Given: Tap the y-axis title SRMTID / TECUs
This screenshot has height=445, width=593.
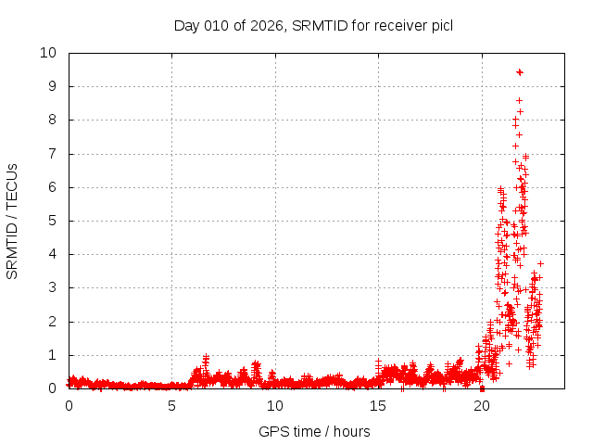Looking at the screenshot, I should tap(13, 220).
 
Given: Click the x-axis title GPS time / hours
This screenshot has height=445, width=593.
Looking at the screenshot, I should tap(314, 431).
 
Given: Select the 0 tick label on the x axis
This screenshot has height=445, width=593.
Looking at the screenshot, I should tap(69, 406).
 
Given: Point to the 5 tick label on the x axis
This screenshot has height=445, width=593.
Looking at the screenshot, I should tap(171, 406).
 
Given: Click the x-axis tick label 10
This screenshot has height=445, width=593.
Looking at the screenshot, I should tap(275, 406).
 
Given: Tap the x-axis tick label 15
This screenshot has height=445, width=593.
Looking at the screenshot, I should tap(378, 406).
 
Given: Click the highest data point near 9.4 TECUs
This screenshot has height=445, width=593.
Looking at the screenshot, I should tap(520, 71).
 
